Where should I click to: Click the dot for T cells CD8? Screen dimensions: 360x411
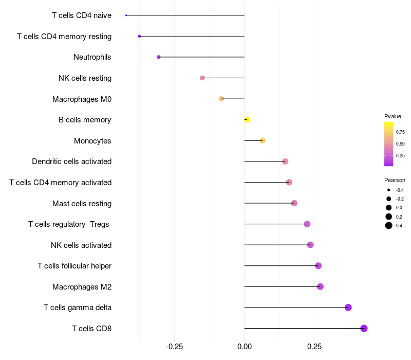pyautogui.click(x=364, y=328)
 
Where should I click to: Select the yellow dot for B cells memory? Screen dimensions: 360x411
pyautogui.click(x=247, y=120)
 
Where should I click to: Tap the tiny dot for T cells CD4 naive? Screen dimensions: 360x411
pyautogui.click(x=126, y=15)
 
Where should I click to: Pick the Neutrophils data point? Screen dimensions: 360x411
pyautogui.click(x=159, y=57)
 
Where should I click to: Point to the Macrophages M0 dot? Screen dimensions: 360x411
pyautogui.click(x=221, y=99)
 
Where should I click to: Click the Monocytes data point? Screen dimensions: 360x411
pyautogui.click(x=263, y=140)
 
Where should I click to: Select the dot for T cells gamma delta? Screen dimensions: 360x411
pyautogui.click(x=348, y=308)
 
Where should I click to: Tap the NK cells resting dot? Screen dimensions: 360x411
pyautogui.click(x=202, y=78)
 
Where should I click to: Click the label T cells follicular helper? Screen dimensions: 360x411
pyautogui.click(x=74, y=266)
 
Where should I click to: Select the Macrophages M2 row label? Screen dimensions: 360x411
pyautogui.click(x=82, y=286)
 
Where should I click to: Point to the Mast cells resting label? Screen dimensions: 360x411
pyautogui.click(x=82, y=203)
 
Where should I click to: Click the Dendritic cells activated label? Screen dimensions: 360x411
pyautogui.click(x=71, y=161)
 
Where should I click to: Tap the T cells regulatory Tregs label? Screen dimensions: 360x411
pyautogui.click(x=69, y=224)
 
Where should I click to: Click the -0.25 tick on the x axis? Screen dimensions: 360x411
pyautogui.click(x=174, y=346)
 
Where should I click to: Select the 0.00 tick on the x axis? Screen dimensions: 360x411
pyautogui.click(x=245, y=346)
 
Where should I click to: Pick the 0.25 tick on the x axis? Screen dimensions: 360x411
pyautogui.click(x=314, y=346)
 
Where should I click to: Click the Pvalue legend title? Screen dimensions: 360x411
pyautogui.click(x=393, y=116)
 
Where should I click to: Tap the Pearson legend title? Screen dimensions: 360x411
pyautogui.click(x=395, y=181)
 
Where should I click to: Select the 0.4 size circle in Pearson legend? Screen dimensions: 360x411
pyautogui.click(x=389, y=225)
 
